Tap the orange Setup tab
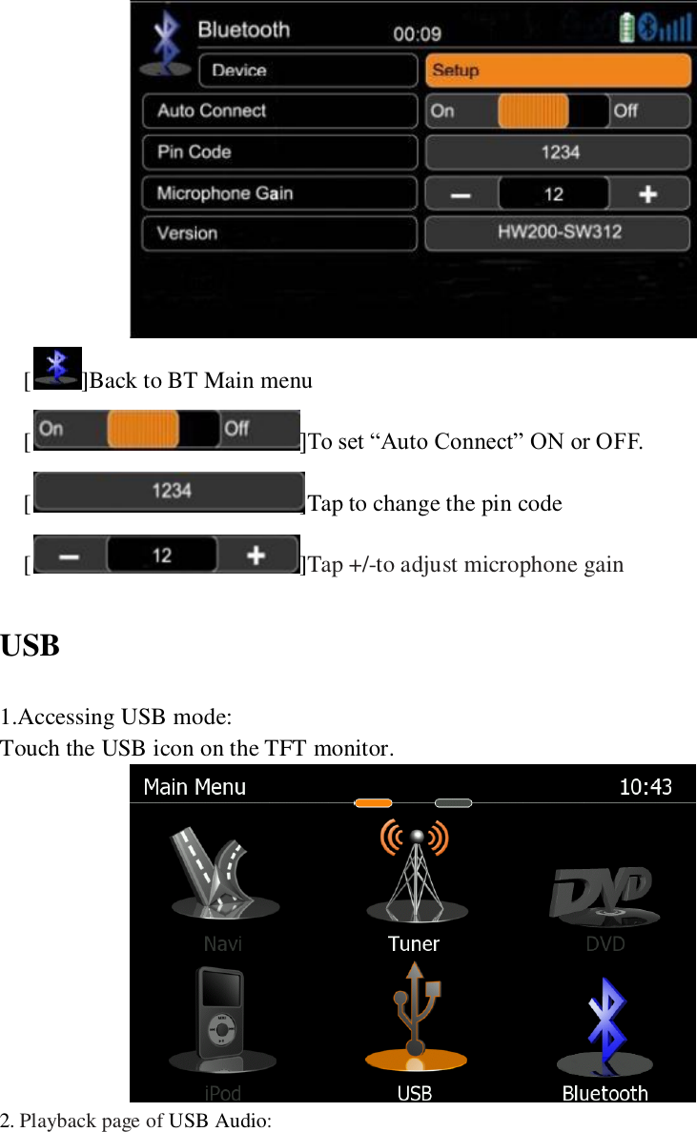pos(558,71)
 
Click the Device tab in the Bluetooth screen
pos(308,71)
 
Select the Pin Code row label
pos(279,152)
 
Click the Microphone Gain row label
pos(279,193)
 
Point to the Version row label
pos(279,233)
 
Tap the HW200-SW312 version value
pos(558,233)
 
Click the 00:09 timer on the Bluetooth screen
pos(417,34)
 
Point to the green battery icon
pos(626,27)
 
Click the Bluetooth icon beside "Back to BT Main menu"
pos(57,369)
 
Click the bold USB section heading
pos(31,646)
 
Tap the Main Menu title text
pos(195,787)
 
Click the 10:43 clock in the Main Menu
pos(646,787)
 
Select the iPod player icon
pos(221,1015)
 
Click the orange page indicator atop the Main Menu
pos(373,802)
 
